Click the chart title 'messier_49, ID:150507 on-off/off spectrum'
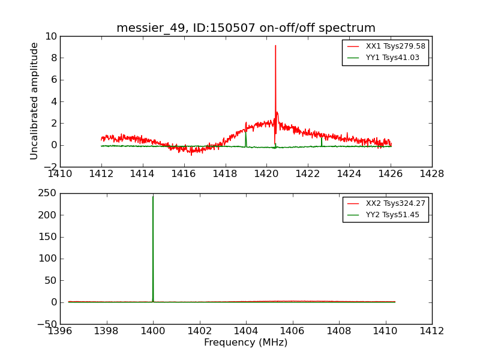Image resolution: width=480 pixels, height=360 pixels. (246, 28)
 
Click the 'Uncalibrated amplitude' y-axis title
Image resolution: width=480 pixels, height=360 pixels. (35, 101)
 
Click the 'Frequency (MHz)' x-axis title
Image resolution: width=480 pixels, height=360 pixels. (246, 343)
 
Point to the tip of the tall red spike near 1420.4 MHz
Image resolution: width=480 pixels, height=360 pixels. (275, 46)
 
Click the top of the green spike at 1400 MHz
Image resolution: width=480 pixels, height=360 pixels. (153, 197)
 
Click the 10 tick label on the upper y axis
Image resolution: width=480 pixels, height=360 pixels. (50, 37)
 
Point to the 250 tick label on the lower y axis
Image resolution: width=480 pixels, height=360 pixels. (47, 193)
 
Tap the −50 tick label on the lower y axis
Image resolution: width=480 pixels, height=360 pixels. (45, 325)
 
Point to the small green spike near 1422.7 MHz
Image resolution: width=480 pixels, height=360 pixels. (322, 140)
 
